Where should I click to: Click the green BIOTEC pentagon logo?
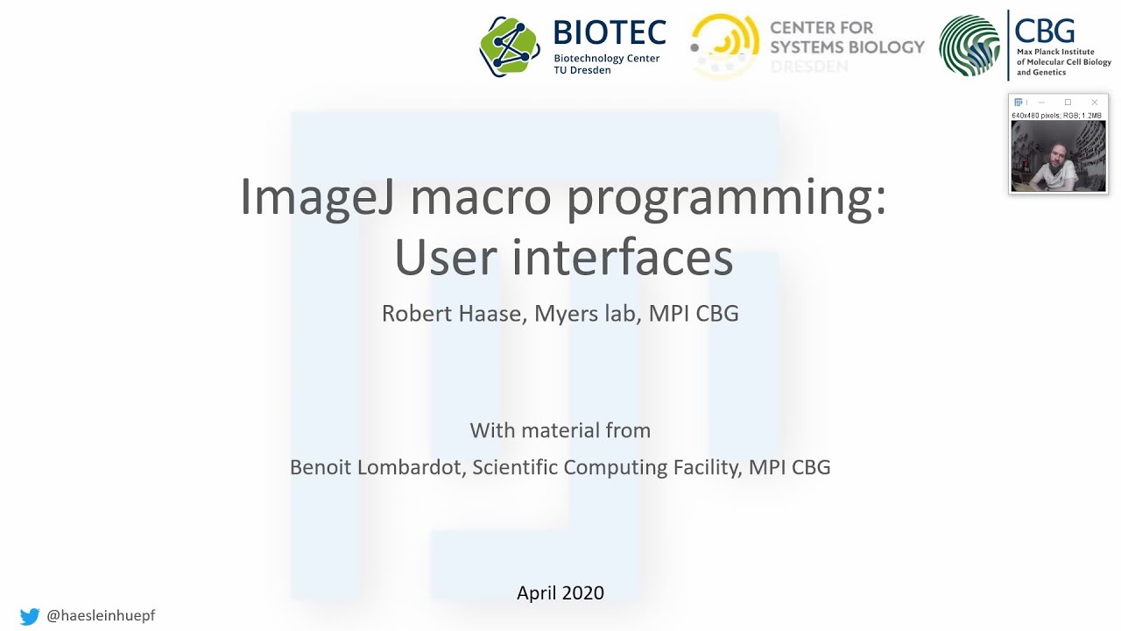[510, 46]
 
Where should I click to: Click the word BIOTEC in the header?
[610, 33]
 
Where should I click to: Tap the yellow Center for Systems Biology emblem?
[724, 46]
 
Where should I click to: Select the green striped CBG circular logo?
[969, 46]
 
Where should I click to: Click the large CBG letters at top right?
[1045, 32]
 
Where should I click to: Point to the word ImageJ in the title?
[317, 197]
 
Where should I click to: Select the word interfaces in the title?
[623, 258]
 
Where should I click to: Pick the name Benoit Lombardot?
[375, 467]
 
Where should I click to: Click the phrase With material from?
[560, 430]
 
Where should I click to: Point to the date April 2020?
[560, 593]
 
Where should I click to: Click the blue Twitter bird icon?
[30, 616]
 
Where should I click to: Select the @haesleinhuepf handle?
[101, 616]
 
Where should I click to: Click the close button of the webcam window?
[1094, 103]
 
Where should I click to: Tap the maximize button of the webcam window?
[1068, 103]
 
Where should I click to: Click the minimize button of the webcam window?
[1041, 103]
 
